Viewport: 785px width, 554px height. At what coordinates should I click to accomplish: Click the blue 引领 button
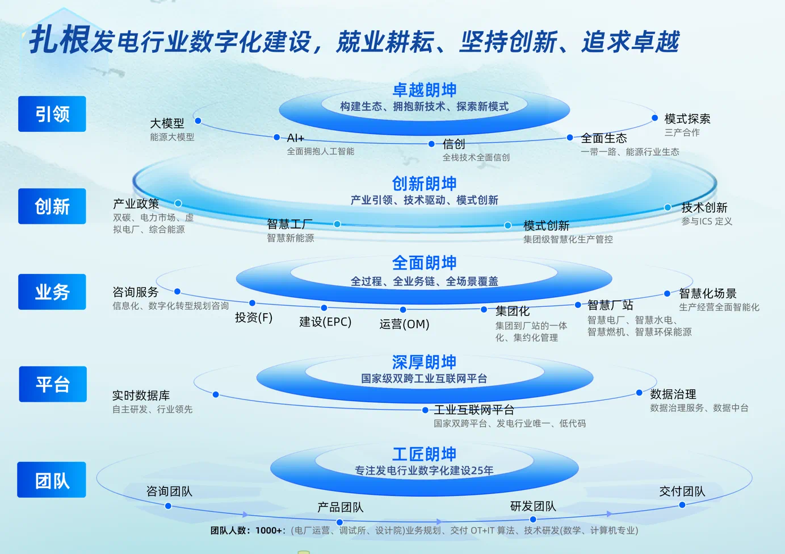tap(52, 114)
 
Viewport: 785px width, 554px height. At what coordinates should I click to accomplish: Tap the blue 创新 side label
tap(52, 206)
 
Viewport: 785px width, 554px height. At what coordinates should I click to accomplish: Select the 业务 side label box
tap(52, 292)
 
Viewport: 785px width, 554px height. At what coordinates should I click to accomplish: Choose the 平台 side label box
tap(53, 384)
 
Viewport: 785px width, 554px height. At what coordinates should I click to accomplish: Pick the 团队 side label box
tap(52, 480)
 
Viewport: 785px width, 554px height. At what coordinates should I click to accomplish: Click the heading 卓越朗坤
tap(425, 90)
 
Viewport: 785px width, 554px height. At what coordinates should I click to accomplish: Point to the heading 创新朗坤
tap(425, 184)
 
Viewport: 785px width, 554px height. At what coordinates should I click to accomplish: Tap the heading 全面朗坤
tap(425, 263)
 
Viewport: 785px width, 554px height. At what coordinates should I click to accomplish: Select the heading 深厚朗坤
tap(425, 362)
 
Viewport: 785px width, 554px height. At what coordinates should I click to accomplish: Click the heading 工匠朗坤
tap(425, 455)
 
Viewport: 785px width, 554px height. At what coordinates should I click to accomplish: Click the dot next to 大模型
tap(198, 121)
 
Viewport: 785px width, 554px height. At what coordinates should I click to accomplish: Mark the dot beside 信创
tap(432, 144)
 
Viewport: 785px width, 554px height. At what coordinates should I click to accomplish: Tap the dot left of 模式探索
tap(654, 118)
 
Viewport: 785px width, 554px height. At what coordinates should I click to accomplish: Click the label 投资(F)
tap(254, 318)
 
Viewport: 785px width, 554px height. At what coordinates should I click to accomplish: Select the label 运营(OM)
tap(404, 324)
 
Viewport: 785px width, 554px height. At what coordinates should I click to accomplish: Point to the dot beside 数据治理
tap(639, 393)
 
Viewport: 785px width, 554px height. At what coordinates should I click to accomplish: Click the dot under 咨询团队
tap(168, 506)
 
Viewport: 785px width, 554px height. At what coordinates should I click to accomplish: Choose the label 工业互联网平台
tap(474, 410)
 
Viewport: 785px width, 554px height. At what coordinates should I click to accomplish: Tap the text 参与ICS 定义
tap(707, 222)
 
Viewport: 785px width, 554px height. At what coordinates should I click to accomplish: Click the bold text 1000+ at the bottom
tap(268, 531)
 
